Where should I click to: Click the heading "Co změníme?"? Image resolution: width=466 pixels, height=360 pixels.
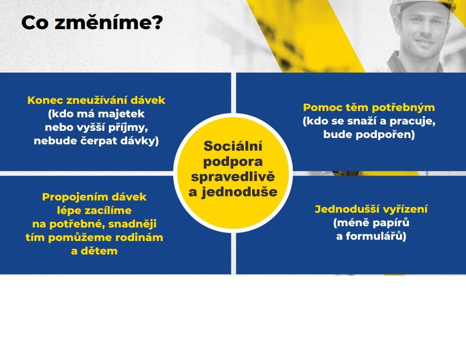click(x=92, y=22)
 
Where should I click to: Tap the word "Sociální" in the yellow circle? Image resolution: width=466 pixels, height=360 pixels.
click(x=233, y=146)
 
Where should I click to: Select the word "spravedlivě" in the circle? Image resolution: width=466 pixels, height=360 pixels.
click(x=233, y=177)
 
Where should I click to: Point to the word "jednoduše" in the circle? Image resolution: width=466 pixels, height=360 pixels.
click(x=239, y=192)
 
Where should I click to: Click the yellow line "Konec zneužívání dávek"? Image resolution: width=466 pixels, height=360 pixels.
click(x=96, y=100)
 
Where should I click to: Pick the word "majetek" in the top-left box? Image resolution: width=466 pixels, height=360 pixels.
click(x=121, y=114)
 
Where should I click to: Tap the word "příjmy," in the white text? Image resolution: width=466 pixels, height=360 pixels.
click(x=128, y=127)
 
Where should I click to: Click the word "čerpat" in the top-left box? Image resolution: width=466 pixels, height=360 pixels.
click(x=100, y=141)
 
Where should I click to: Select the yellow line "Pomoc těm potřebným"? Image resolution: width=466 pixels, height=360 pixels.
click(x=369, y=108)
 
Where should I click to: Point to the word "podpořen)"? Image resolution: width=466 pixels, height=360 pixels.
click(x=385, y=135)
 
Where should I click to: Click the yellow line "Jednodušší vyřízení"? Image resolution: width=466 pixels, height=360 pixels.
click(x=371, y=209)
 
